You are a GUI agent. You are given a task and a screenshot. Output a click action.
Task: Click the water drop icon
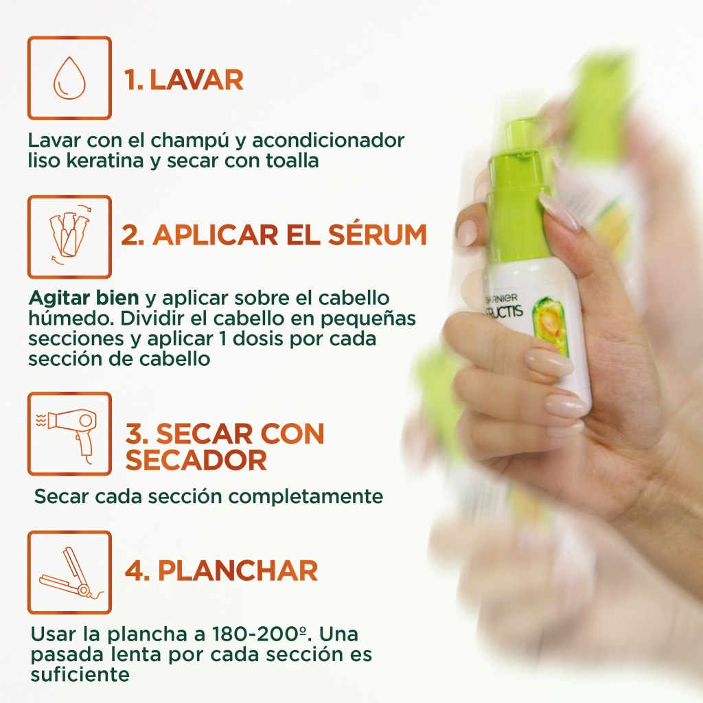point(69,78)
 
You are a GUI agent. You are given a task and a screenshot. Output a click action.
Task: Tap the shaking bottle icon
point(69,235)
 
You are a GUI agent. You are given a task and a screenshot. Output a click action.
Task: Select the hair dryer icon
point(69,433)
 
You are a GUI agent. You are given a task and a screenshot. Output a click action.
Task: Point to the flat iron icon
point(71,572)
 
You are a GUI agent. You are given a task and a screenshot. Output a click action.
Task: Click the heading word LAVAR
point(196,80)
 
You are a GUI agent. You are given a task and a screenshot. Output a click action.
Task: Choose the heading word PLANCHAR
point(238,571)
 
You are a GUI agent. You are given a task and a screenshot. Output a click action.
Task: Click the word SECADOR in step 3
point(196,460)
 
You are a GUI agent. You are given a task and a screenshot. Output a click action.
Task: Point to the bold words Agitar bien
point(84,298)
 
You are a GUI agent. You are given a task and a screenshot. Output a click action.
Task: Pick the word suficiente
point(80,674)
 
